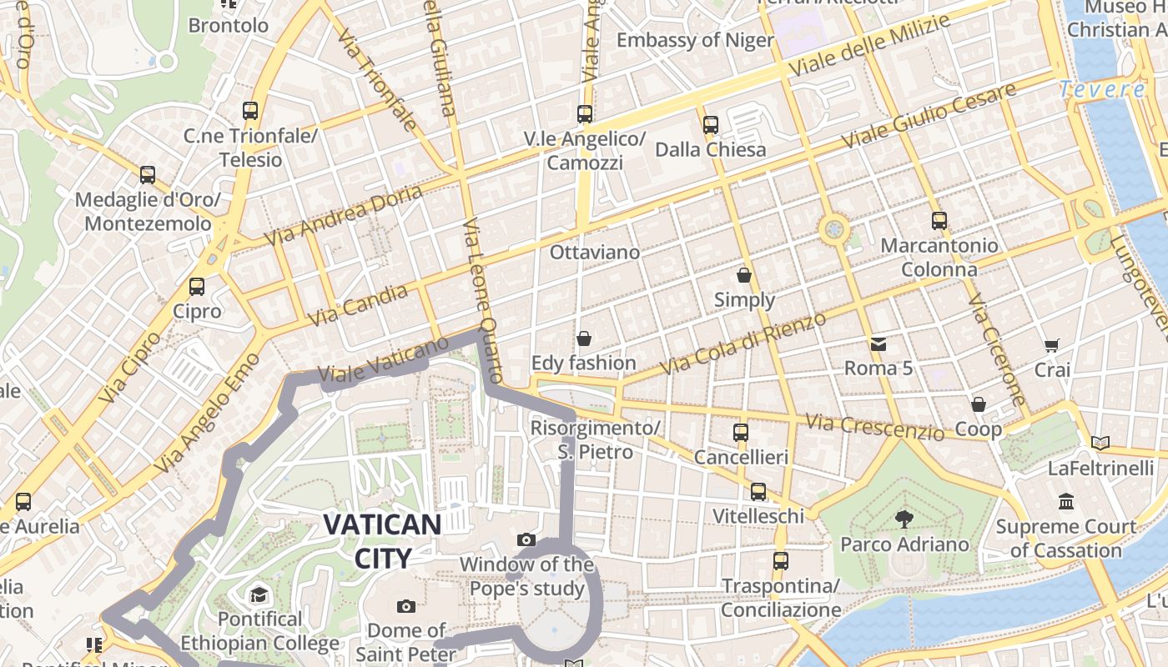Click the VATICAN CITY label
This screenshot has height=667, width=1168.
click(x=382, y=541)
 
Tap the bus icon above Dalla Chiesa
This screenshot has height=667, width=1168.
click(x=710, y=125)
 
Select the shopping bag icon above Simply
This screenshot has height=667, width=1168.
click(x=744, y=275)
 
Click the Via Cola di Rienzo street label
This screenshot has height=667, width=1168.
click(x=743, y=344)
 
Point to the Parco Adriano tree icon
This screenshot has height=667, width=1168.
click(x=904, y=519)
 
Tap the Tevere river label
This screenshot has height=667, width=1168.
click(x=1102, y=89)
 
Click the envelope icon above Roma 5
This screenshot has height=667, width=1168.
click(x=878, y=344)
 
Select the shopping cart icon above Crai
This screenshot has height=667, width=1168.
click(x=1052, y=345)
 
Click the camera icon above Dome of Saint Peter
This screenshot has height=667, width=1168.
click(x=406, y=606)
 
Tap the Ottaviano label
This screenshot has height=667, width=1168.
click(x=595, y=252)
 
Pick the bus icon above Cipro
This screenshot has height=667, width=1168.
click(x=197, y=287)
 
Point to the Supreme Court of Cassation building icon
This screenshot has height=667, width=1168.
click(x=1066, y=502)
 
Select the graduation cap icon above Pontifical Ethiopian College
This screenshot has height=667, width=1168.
click(x=259, y=595)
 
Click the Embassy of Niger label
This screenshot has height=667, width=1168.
click(x=695, y=40)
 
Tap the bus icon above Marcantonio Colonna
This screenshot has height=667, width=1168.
click(x=939, y=221)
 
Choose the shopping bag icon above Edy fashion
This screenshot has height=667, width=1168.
click(x=584, y=339)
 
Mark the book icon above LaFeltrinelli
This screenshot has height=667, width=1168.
click(x=1100, y=443)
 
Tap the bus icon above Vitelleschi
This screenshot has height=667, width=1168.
click(x=758, y=492)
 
